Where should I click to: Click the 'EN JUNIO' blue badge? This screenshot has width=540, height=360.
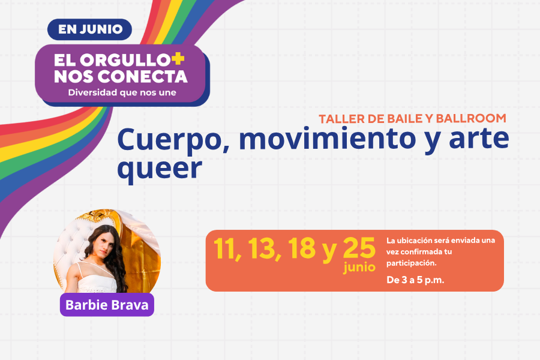(89, 29)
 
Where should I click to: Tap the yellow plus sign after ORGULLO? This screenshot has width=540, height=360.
(178, 59)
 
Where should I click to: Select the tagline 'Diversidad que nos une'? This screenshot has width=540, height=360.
(122, 92)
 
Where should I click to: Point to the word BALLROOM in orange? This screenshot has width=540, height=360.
(471, 119)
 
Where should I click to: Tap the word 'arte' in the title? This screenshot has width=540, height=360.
(479, 139)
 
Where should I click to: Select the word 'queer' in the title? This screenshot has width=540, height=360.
(160, 169)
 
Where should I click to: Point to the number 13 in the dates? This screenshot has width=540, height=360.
(262, 248)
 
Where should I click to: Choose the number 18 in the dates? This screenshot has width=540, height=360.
(301, 248)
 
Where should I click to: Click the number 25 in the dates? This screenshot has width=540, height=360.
(359, 248)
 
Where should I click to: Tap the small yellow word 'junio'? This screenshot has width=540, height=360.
(359, 268)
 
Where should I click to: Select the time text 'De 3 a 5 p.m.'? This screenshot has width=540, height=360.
(415, 280)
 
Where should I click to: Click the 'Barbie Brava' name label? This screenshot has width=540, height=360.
(107, 305)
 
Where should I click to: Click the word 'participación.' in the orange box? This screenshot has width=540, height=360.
(411, 263)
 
